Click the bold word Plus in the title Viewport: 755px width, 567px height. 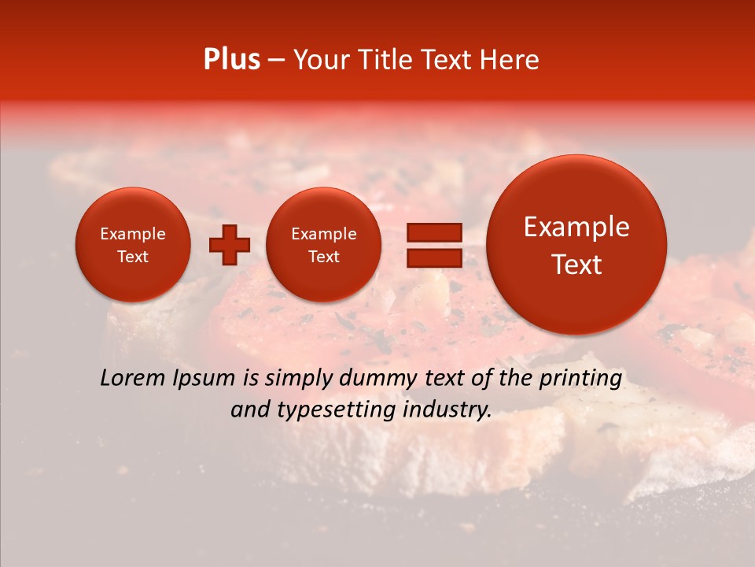click(x=231, y=60)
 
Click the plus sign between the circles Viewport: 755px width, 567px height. click(x=230, y=245)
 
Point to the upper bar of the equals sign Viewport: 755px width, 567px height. click(x=433, y=232)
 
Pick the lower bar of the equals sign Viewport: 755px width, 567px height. click(x=433, y=258)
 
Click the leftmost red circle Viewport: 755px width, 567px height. click(x=133, y=245)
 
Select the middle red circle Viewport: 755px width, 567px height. click(x=323, y=245)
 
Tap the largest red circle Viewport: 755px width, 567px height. click(x=576, y=245)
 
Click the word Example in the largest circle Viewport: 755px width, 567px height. click(x=576, y=227)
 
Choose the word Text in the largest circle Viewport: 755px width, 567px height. click(x=576, y=265)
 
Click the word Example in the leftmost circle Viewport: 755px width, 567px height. click(x=133, y=234)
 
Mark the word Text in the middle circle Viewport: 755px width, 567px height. click(x=323, y=257)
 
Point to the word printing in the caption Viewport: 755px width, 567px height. click(x=580, y=379)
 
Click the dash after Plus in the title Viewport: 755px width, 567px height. click(x=276, y=61)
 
